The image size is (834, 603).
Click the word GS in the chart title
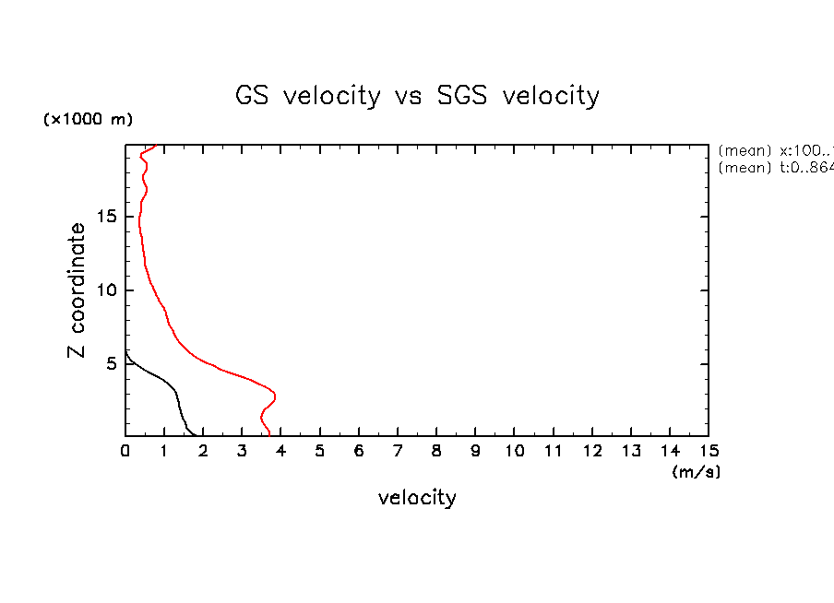coord(254,96)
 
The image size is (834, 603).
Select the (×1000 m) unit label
coord(88,120)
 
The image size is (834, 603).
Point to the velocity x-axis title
coord(417,498)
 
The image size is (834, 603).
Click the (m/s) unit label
coord(697,471)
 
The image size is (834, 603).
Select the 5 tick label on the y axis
coord(111,363)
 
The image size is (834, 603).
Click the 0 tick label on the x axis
coord(125,451)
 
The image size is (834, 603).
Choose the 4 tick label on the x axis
coord(280,451)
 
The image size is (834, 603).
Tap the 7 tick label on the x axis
coord(398,451)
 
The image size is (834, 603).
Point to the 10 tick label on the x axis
coord(514,451)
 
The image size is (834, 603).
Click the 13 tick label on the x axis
coord(631,451)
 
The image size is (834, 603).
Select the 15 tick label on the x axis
coord(709,451)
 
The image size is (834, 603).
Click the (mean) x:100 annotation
coord(775,150)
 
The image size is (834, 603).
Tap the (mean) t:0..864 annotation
coord(775,168)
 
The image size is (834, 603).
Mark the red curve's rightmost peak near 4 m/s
coord(275,396)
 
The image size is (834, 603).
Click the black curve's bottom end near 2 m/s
coord(195,434)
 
